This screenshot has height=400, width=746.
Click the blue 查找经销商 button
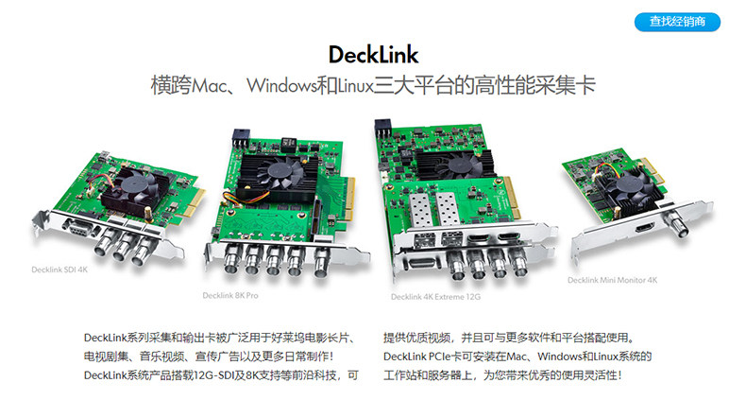coord(677,22)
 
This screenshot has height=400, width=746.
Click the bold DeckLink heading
coord(374,55)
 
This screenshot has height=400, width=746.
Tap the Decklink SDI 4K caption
coord(59,270)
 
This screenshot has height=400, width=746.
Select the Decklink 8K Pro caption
coord(230,295)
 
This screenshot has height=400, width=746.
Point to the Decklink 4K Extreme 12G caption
coord(436,297)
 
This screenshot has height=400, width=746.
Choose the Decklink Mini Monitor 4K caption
coord(612,280)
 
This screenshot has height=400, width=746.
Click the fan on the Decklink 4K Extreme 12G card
coord(459,165)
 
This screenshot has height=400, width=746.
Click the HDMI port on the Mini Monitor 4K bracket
coord(644,228)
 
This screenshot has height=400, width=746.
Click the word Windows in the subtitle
coord(281,86)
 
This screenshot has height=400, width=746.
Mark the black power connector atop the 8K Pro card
coord(241,136)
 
